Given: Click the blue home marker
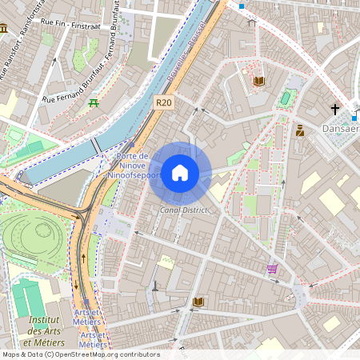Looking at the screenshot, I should (180, 173).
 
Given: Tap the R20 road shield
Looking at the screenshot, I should (165, 102).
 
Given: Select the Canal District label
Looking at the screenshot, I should (183, 210).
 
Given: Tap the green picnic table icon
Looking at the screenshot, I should (94, 102).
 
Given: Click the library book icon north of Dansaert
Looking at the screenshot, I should (258, 81).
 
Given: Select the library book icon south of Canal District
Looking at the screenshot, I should (198, 302).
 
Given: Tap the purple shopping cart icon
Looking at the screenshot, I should (272, 269).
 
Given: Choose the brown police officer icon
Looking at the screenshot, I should (299, 130).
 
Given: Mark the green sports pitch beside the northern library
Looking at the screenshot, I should (286, 98).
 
